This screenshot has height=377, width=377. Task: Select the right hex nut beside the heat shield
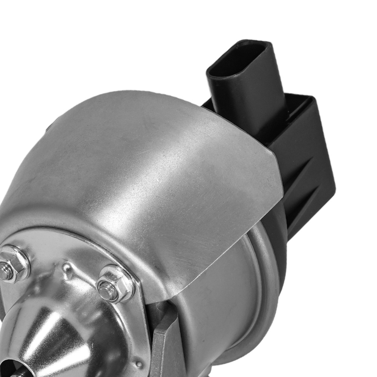[x=115, y=284]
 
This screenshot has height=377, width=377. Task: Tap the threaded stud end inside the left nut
[x=7, y=272]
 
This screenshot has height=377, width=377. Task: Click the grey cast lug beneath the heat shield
[x=166, y=339]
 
